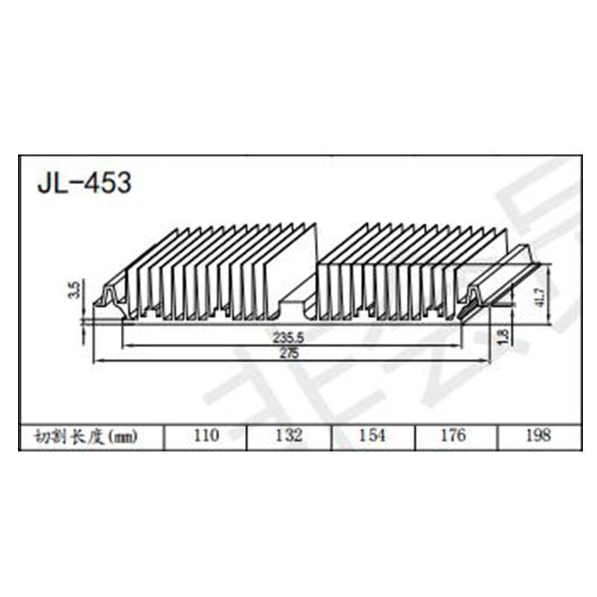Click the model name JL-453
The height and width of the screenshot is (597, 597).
point(84,182)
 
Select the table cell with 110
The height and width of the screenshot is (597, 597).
point(205,436)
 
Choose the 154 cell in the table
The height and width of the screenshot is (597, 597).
point(372,436)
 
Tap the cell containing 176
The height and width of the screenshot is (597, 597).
point(454,436)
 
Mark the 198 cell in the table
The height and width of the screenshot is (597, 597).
point(537,436)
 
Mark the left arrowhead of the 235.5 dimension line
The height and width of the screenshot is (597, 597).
point(125,345)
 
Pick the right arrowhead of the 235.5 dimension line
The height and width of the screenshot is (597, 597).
point(460,345)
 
